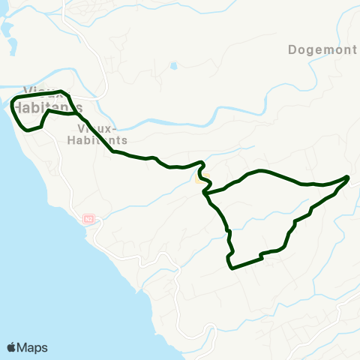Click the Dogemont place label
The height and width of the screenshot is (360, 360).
(322, 50)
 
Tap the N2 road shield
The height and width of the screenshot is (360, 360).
(88, 219)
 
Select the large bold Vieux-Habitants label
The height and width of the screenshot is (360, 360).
(47, 101)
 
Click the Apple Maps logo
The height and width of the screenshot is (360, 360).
(27, 347)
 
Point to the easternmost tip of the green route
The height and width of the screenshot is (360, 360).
(349, 177)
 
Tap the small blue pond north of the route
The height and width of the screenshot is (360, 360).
(174, 66)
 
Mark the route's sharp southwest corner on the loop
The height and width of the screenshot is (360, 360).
(229, 265)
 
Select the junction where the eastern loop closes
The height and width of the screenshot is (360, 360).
(205, 193)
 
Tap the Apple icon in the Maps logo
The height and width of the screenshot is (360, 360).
(12, 347)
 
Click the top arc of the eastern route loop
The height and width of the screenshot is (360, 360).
(262, 172)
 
